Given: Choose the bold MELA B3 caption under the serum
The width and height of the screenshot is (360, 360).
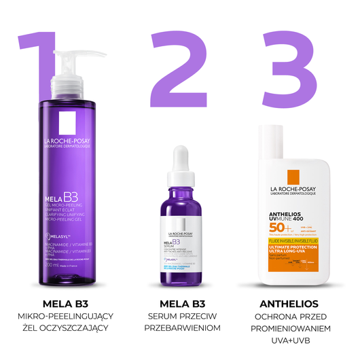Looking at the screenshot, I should [x=180, y=303].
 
